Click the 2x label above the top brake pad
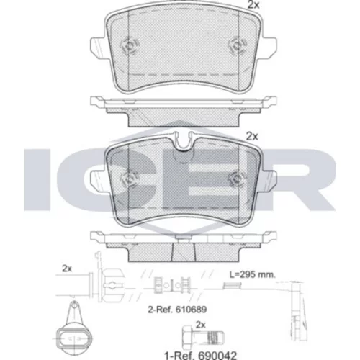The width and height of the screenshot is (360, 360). (253, 5)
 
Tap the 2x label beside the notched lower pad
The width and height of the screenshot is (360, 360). (252, 137)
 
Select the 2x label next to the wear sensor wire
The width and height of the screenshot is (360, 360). (67, 269)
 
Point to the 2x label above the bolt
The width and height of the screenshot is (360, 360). (201, 325)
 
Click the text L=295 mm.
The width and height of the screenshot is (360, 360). (253, 274)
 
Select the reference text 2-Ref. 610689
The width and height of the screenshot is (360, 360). (177, 310)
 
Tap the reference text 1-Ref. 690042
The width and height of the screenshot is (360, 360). (200, 355)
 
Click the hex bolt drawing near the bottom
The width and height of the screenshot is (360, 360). (203, 338)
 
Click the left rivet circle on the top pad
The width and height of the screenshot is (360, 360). (130, 45)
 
